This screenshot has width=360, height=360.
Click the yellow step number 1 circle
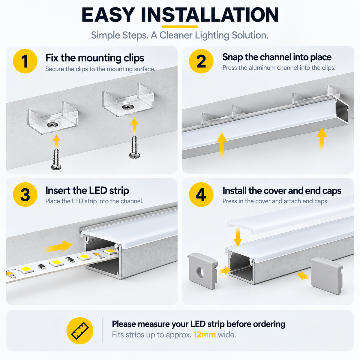(x=25, y=61)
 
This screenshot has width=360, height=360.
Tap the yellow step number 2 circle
(x=201, y=61)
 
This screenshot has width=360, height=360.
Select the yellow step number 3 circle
(x=25, y=194)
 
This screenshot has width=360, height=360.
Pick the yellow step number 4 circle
(x=201, y=194)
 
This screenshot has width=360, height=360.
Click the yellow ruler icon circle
(x=80, y=331)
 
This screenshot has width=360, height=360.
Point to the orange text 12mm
(x=205, y=334)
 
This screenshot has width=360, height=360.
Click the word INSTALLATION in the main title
(x=210, y=15)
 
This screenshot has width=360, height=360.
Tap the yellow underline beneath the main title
(x=180, y=27)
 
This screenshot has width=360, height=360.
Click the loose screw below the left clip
(x=56, y=159)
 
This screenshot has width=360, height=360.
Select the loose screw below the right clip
(x=134, y=146)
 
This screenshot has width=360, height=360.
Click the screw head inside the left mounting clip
(x=52, y=124)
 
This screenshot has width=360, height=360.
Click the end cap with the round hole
(x=202, y=271)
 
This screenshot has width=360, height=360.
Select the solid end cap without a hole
(x=327, y=276)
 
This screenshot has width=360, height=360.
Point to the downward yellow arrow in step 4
(x=238, y=237)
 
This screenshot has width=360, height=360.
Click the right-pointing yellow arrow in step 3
(x=58, y=246)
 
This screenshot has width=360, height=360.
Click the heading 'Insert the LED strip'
(x=87, y=191)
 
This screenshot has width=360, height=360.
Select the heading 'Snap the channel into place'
(x=277, y=57)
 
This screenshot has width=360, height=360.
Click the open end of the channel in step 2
(x=342, y=111)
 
